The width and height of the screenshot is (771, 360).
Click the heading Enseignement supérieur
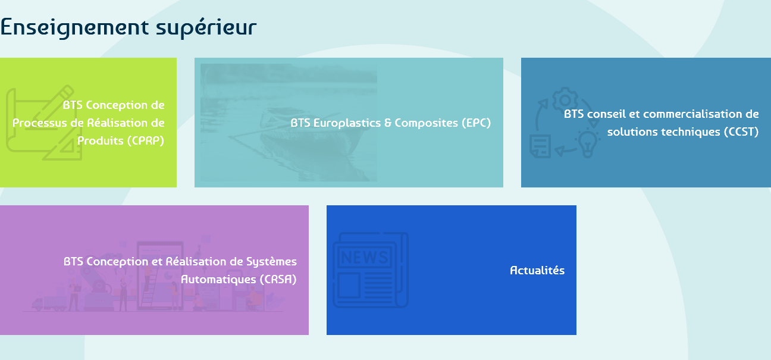(128, 28)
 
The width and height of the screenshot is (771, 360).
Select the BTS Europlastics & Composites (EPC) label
(391, 123)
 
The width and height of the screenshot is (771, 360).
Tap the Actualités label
(537, 270)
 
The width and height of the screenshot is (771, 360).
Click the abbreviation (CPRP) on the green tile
(146, 141)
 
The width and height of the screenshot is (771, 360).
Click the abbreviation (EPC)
(477, 123)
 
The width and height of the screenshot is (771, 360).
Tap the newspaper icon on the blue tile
(371, 270)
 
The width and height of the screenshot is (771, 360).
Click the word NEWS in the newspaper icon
(365, 257)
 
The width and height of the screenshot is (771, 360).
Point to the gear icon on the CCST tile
(565, 99)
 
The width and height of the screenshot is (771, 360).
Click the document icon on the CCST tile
(540, 146)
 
